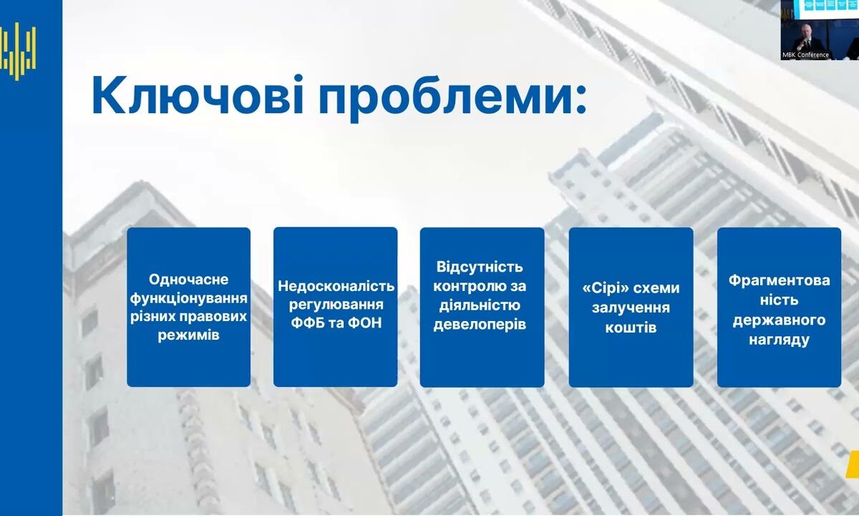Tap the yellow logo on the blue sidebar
pyautogui.click(x=18, y=52)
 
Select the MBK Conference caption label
pyautogui.click(x=805, y=55)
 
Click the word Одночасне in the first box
pyautogui.click(x=188, y=279)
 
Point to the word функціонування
pyautogui.click(x=188, y=299)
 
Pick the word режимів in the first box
pyautogui.click(x=188, y=335)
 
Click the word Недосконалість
pyautogui.click(x=336, y=286)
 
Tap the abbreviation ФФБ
pyautogui.click(x=309, y=323)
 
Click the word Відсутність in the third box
pyautogui.click(x=480, y=267)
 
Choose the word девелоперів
pyautogui.click(x=480, y=325)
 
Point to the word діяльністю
pyautogui.click(x=480, y=305)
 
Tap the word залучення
pyautogui.click(x=631, y=307)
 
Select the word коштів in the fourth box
pyautogui.click(x=631, y=328)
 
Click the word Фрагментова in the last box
pyautogui.click(x=780, y=280)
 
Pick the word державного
pyautogui.click(x=780, y=320)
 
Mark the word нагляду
pyautogui.click(x=780, y=340)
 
